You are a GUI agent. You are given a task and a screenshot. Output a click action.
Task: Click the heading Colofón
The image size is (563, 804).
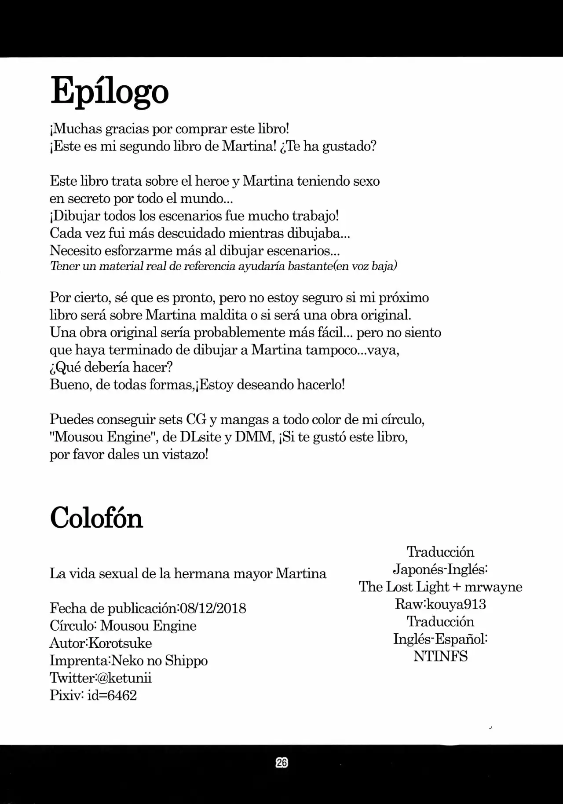coord(96,518)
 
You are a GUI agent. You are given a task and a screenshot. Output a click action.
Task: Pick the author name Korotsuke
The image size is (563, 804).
coord(120,643)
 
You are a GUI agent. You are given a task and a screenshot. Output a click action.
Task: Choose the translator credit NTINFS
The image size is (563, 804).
coord(440,656)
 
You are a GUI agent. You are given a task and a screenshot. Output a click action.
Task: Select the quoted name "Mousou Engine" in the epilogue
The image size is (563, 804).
coord(101,437)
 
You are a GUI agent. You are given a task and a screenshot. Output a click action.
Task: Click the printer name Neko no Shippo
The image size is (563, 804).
coord(159,661)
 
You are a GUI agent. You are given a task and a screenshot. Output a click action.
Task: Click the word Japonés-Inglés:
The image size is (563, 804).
coord(440,569)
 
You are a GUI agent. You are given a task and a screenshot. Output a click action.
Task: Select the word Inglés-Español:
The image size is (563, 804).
coord(440,639)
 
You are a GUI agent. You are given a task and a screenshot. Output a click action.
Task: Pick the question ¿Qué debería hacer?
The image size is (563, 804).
coord(111,367)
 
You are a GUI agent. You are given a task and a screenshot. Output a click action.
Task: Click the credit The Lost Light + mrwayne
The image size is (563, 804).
coord(440,587)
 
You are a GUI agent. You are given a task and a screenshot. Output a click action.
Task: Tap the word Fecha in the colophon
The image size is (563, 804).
coord(67,608)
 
